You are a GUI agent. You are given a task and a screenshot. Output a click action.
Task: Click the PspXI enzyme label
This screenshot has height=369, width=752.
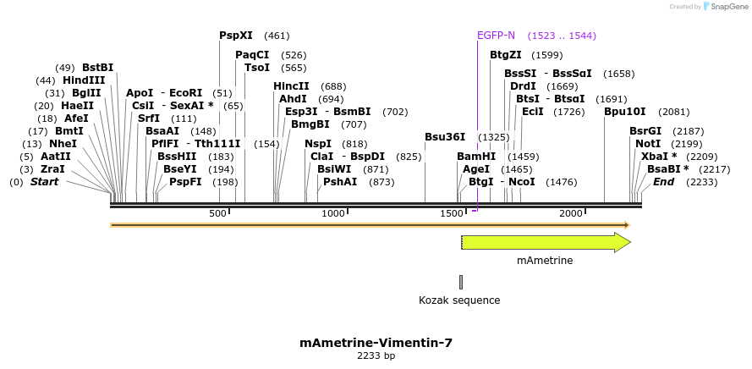click(236, 36)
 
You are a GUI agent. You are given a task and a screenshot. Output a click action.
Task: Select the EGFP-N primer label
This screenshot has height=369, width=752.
click(496, 36)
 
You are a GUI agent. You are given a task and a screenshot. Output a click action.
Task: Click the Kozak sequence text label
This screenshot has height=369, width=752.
click(459, 300)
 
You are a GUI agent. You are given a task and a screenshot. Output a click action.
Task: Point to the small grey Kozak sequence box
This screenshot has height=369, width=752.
click(461, 282)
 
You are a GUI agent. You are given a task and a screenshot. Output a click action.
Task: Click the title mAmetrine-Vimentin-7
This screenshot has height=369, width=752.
click(376, 343)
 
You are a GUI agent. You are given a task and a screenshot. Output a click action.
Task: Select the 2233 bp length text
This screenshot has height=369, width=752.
click(376, 356)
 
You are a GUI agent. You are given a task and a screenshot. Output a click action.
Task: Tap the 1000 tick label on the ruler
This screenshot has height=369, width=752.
click(333, 213)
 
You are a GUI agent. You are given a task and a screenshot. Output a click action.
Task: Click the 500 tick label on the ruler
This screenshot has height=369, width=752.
click(217, 213)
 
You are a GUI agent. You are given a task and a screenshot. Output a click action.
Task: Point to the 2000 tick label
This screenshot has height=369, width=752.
click(571, 213)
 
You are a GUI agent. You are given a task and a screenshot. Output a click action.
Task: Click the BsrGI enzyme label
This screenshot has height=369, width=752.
click(645, 131)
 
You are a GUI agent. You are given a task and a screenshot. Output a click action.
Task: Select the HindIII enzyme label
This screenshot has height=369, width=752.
click(84, 80)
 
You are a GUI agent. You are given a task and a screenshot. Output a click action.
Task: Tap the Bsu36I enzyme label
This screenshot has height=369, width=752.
click(445, 137)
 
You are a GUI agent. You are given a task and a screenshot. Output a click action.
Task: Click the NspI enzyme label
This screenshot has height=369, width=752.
click(318, 144)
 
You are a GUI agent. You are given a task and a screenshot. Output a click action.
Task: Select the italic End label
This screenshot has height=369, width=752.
click(664, 182)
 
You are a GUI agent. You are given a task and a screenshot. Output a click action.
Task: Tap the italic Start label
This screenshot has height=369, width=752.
click(45, 182)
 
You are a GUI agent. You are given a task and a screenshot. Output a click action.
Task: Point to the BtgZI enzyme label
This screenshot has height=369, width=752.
click(506, 55)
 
